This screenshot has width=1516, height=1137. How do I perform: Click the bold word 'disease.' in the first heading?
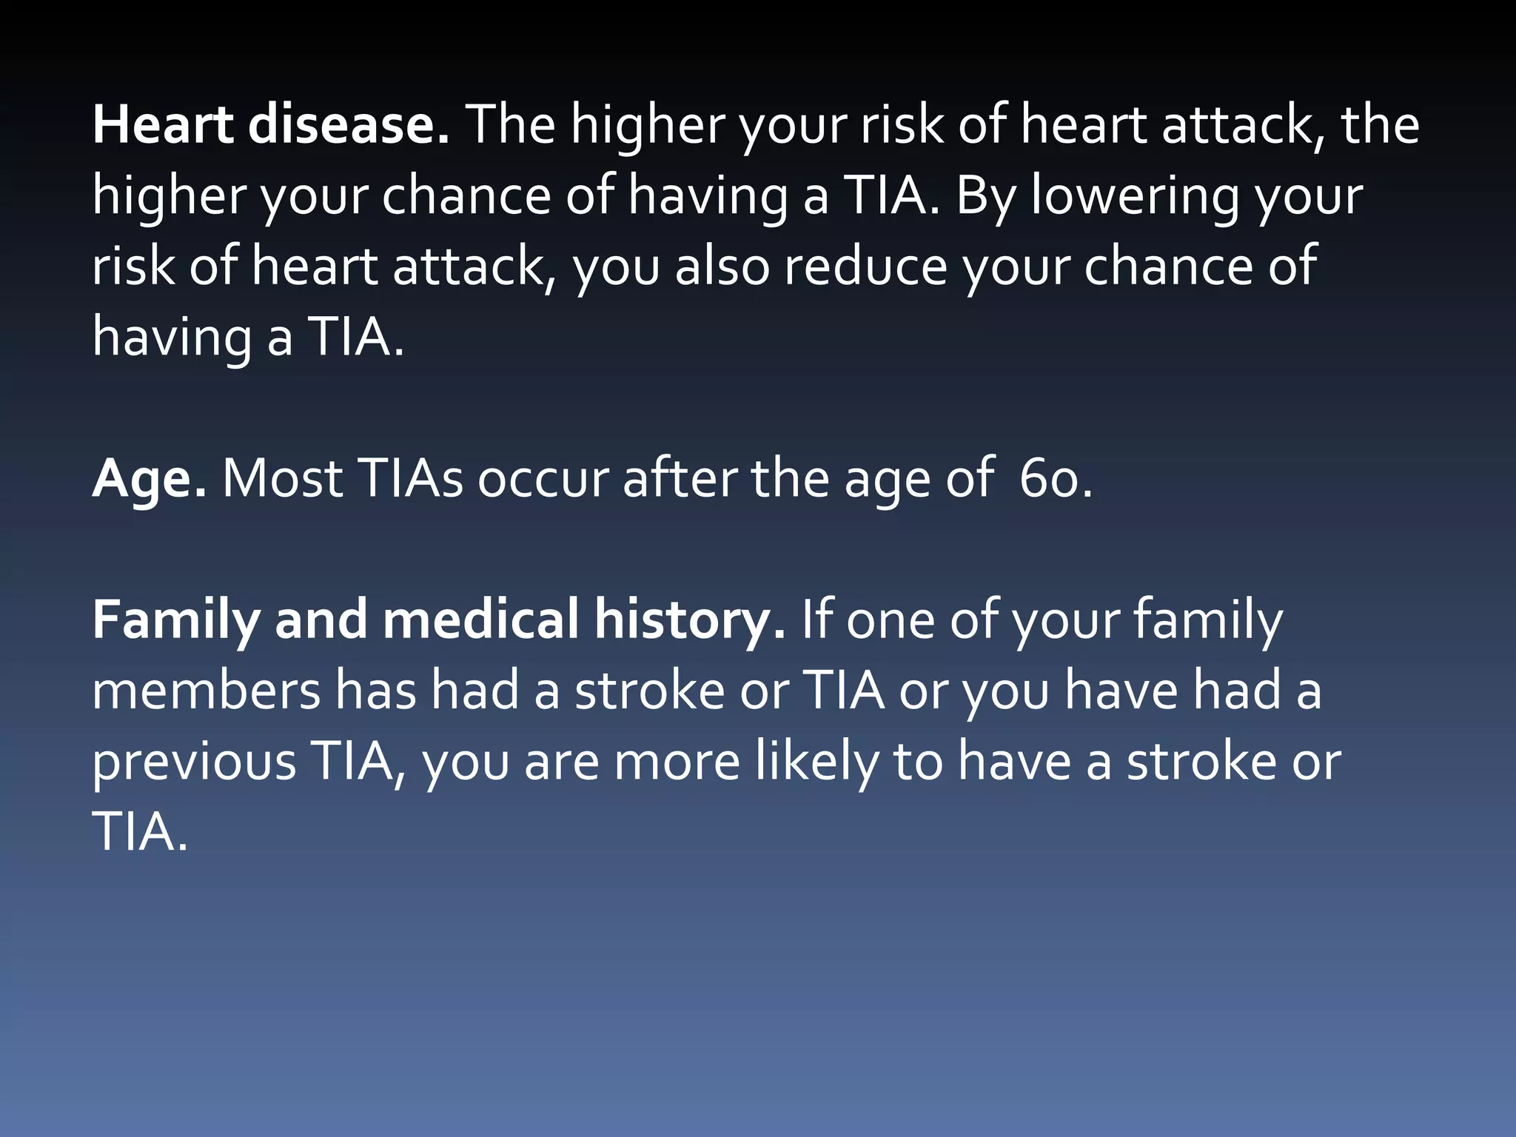click(x=348, y=124)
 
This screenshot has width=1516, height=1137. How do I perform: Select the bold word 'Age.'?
click(x=149, y=480)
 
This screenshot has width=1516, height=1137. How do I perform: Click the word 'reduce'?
click(x=865, y=266)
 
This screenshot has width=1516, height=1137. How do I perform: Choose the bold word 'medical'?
click(x=480, y=620)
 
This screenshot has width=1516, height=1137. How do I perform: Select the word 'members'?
click(x=207, y=691)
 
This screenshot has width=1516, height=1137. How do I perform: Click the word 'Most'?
click(x=282, y=479)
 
